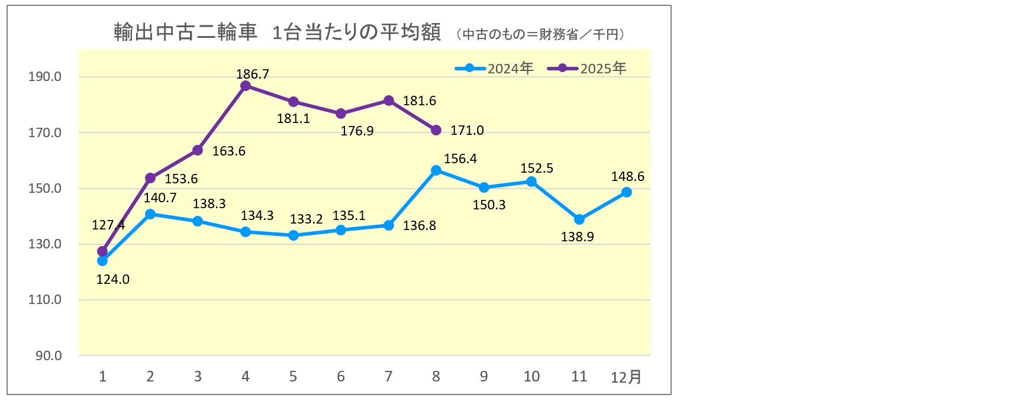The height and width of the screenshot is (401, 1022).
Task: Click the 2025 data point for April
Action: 246,86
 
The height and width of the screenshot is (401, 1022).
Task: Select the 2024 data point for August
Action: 436,170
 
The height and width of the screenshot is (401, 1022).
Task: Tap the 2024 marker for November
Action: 579,219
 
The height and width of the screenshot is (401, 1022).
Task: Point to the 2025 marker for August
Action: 436,130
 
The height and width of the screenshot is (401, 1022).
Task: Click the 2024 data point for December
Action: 627,192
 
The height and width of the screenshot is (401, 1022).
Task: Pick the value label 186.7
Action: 253,74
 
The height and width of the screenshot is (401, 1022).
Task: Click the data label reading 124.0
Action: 112,279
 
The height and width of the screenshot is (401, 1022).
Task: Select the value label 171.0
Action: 467,131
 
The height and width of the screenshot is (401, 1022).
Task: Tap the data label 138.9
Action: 577,237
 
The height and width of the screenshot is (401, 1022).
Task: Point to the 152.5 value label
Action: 537,169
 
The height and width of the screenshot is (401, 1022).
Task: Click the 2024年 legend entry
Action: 495,69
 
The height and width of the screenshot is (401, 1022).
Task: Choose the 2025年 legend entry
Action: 587,69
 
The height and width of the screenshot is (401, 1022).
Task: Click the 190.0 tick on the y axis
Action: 45,77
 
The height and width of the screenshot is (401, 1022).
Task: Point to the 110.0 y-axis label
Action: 45,300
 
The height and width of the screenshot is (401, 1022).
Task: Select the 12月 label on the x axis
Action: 626,377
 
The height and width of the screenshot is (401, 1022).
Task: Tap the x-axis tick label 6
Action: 341,377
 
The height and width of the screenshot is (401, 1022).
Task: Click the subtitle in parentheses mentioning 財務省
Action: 541,34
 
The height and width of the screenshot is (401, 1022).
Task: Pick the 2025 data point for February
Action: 150,178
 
